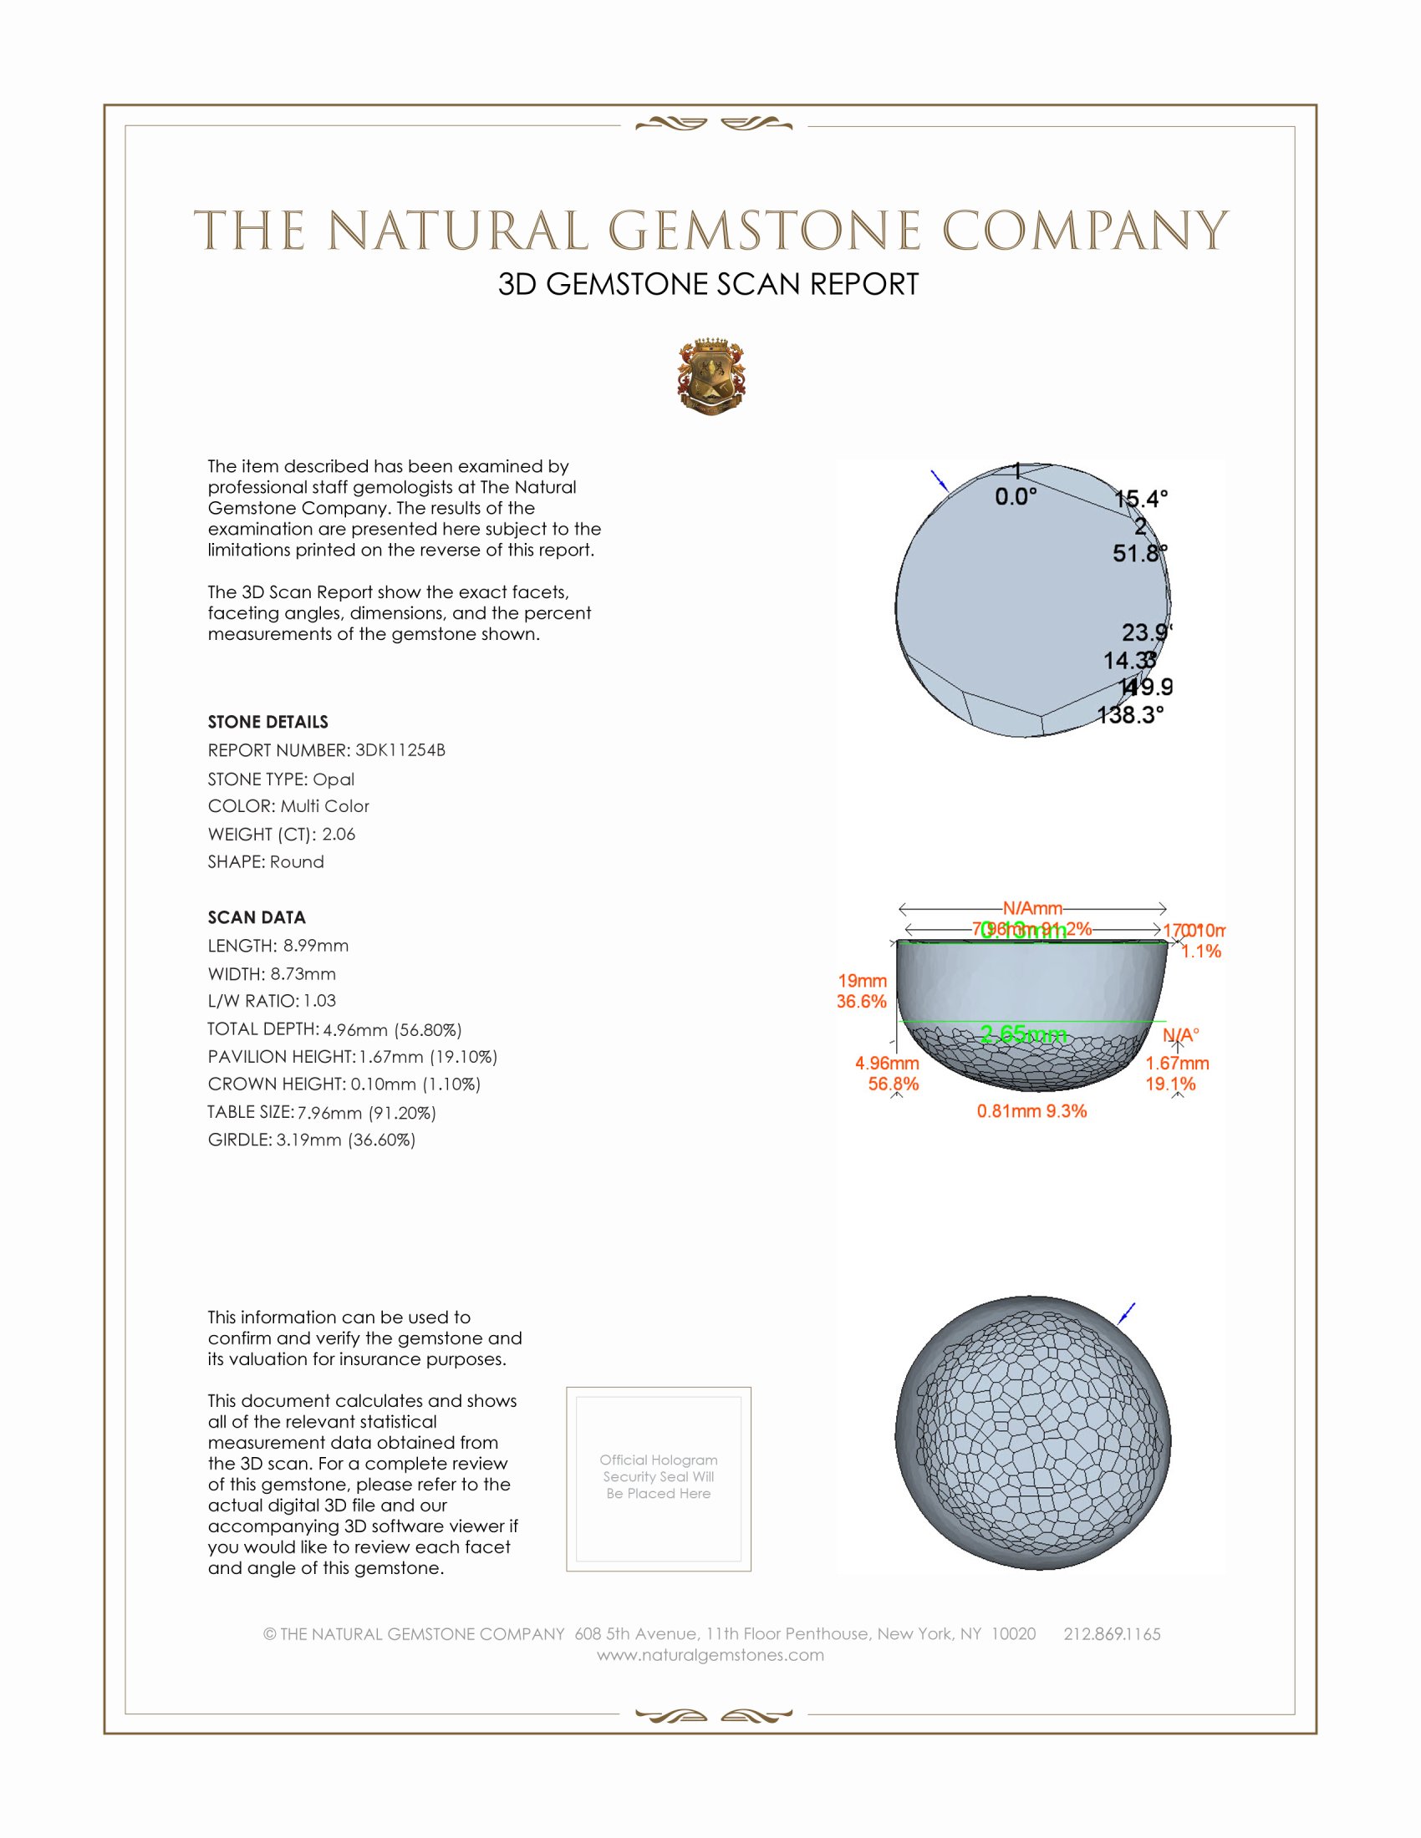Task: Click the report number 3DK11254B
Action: coord(400,750)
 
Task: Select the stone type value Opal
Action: coord(334,779)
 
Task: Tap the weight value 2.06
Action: coord(339,834)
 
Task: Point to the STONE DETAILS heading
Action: coord(267,722)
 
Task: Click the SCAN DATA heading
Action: coord(257,917)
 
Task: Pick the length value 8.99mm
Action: coord(316,945)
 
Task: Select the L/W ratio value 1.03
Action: coord(320,1001)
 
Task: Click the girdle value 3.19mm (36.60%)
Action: coord(346,1140)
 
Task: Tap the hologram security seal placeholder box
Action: coord(659,1479)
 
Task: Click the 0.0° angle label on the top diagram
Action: coord(1016,496)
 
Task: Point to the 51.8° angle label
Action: coord(1140,553)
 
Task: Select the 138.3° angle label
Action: coord(1131,715)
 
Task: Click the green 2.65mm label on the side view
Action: coord(1024,1034)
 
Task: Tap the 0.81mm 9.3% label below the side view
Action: coord(1031,1111)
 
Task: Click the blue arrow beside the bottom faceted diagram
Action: coord(1127,1312)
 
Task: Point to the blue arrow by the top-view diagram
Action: coord(940,480)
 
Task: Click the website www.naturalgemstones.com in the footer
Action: coord(710,1654)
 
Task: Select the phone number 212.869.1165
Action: coord(1111,1633)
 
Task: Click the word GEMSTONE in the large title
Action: coord(764,231)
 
